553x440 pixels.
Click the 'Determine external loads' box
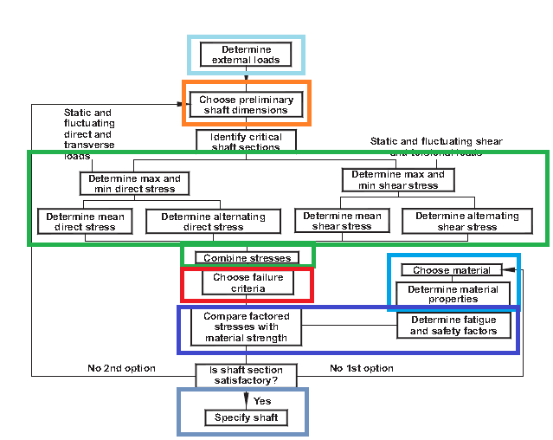pos(246,55)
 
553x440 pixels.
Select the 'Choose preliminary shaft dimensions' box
pos(246,105)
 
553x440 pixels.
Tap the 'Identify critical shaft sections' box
pos(246,141)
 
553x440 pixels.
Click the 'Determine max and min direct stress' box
pos(134,184)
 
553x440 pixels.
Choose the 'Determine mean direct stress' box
pos(85,222)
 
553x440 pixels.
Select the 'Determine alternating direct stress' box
pos(213,222)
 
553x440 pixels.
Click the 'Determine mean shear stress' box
pos(342,221)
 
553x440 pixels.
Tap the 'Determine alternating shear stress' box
pos(466,221)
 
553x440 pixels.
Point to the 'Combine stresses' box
pos(247,257)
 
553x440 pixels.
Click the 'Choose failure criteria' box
pos(247,282)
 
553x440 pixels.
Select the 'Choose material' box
pos(451,270)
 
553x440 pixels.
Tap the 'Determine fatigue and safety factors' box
pos(453,325)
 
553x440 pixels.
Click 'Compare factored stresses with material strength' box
pos(247,327)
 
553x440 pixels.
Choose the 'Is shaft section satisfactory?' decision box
pos(247,374)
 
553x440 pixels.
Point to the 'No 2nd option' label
pos(121,369)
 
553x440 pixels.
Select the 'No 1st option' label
pos(362,369)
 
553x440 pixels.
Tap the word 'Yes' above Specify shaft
pos(261,401)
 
